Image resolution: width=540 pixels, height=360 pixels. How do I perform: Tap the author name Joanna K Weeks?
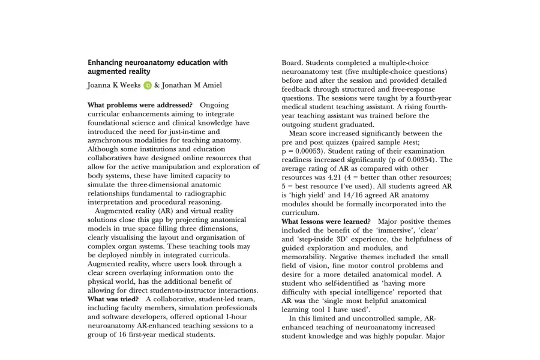[114, 85]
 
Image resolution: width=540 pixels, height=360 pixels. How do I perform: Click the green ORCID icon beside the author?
[147, 86]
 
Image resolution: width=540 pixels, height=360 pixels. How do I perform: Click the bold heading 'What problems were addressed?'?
[140, 105]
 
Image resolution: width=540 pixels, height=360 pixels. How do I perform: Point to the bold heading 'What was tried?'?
[113, 299]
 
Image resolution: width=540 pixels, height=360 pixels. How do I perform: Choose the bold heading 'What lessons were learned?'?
[326, 221]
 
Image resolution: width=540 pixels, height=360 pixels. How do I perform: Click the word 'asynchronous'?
[113, 140]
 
